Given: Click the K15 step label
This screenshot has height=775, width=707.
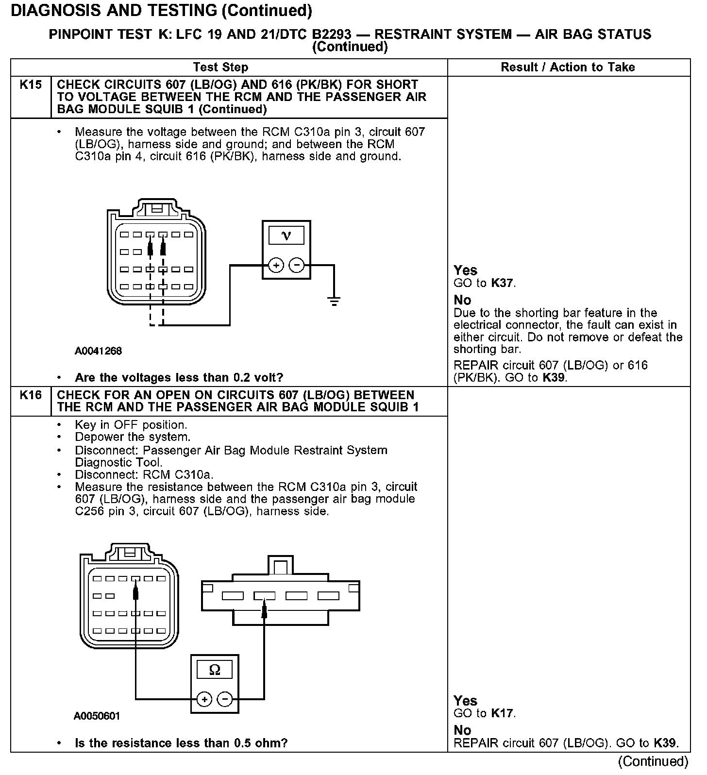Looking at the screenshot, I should click(x=31, y=85).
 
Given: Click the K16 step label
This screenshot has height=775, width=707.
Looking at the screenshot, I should click(x=31, y=395).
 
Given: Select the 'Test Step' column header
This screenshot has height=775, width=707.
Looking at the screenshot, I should click(x=220, y=67).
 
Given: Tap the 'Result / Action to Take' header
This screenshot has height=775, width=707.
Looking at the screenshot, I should click(x=568, y=67).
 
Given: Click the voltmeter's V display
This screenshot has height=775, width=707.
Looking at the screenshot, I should click(x=286, y=236).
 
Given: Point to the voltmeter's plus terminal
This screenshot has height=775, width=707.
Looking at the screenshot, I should click(x=276, y=265).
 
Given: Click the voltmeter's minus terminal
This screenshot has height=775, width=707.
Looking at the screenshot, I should click(x=296, y=265).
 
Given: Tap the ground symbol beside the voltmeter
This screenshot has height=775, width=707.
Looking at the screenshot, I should click(x=334, y=301).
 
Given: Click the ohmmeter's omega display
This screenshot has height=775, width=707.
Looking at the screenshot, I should click(x=214, y=670).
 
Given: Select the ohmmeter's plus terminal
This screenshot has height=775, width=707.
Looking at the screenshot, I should click(x=204, y=699).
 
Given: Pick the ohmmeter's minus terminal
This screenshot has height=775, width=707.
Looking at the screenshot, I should click(x=224, y=699).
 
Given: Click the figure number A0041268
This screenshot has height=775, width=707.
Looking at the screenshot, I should click(x=98, y=351).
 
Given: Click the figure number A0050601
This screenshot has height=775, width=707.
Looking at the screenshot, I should click(x=97, y=716).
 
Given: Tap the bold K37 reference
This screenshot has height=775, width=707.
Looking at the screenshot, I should click(x=502, y=283).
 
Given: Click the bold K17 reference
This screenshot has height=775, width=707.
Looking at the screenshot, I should click(x=502, y=713).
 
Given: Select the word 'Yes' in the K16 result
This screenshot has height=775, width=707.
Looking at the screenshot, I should click(x=465, y=701).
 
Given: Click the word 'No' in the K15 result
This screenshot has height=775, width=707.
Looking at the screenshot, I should click(x=462, y=300).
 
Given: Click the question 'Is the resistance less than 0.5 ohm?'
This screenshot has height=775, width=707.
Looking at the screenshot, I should click(x=181, y=743).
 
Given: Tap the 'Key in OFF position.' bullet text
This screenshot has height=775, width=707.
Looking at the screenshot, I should click(x=131, y=425).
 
